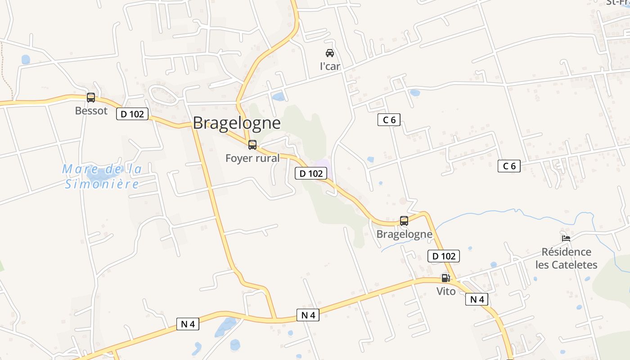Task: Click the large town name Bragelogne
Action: [x=237, y=123]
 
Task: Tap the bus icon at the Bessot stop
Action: [x=91, y=98]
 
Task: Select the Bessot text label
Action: [x=91, y=111]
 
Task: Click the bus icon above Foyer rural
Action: [x=252, y=145]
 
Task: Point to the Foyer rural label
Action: [x=252, y=158]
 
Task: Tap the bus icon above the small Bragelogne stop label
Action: [x=404, y=221]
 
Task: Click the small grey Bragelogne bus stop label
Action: [x=404, y=234]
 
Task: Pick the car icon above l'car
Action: [x=330, y=53]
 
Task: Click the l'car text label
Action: [x=330, y=66]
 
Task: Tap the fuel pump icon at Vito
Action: [x=445, y=278]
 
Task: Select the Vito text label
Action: [x=446, y=291]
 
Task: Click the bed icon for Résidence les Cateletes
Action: [x=566, y=238]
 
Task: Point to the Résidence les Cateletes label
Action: [x=566, y=258]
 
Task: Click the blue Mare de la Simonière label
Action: [x=102, y=176]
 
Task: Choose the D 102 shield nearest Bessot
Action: [x=132, y=114]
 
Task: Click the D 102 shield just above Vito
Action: [x=444, y=256]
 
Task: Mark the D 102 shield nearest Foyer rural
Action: [x=311, y=173]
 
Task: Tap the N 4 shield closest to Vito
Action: [x=477, y=299]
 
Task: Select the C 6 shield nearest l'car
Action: [x=389, y=120]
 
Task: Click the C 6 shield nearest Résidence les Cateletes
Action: [x=509, y=166]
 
